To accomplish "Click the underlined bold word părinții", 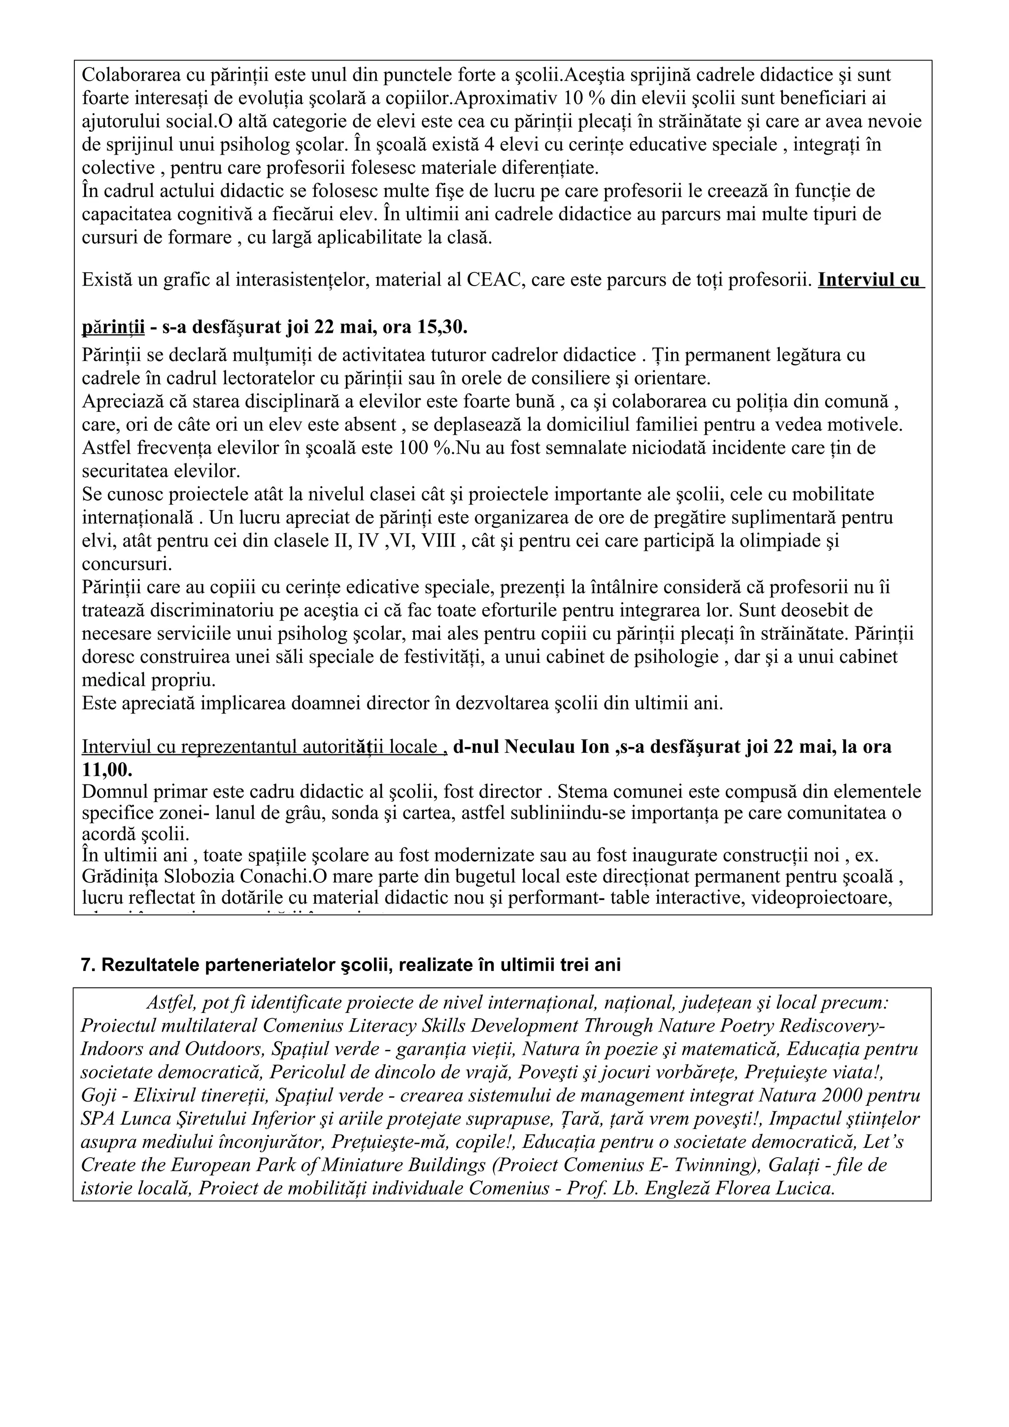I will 113,326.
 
